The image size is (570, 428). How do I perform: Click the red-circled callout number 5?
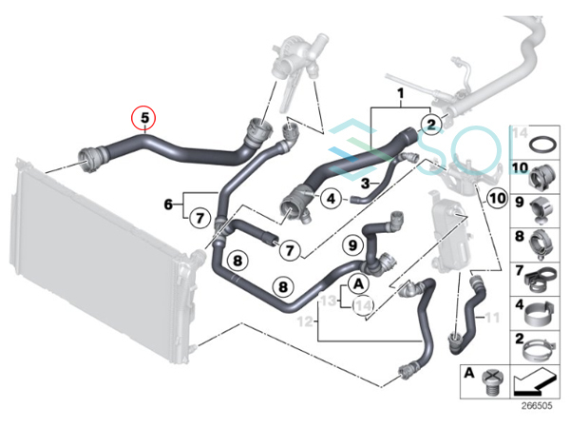tap(144, 118)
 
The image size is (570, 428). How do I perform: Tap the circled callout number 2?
tap(431, 125)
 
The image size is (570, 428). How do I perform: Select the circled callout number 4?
tap(332, 199)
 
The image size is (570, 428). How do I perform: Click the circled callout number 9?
tap(353, 245)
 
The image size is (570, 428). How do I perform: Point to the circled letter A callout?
tap(358, 283)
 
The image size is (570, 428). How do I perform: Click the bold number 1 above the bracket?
tap(400, 93)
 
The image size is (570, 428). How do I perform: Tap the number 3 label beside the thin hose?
tap(366, 183)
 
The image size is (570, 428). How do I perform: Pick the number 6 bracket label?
tap(168, 204)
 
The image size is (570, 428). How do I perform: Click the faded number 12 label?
tap(305, 321)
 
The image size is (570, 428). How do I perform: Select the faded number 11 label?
tap(492, 318)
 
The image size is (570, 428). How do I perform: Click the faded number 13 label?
tap(329, 301)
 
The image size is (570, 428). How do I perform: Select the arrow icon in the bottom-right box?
tap(535, 381)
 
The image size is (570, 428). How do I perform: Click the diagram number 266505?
tap(537, 405)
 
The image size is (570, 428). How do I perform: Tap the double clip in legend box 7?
tap(541, 280)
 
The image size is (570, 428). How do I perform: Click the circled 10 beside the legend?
tap(497, 199)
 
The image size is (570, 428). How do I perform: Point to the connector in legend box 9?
tap(541, 210)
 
